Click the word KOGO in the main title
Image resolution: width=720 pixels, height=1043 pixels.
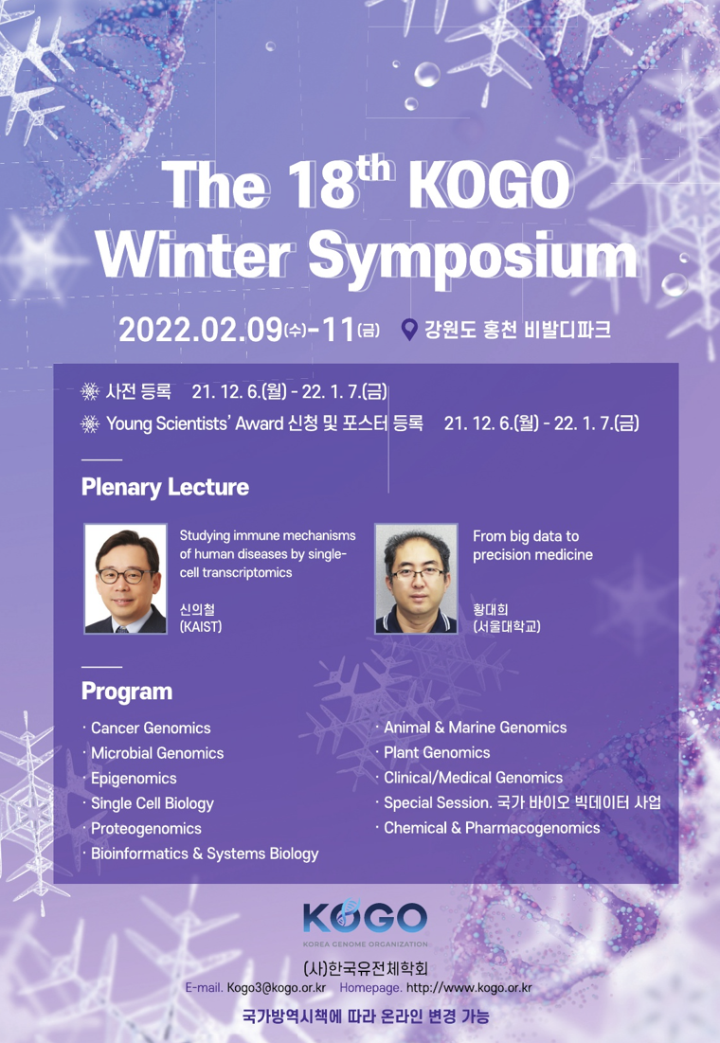pyautogui.click(x=490, y=185)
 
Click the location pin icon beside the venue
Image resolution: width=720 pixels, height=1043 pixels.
pyautogui.click(x=410, y=330)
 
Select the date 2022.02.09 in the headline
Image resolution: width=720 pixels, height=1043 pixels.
pyautogui.click(x=201, y=330)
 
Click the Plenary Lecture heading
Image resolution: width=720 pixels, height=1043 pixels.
pyautogui.click(x=165, y=487)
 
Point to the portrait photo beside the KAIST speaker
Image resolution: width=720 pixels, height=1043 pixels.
pyautogui.click(x=125, y=578)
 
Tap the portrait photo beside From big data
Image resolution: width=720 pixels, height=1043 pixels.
pyautogui.click(x=416, y=578)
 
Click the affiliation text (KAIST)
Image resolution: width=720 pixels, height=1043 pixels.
pyautogui.click(x=200, y=626)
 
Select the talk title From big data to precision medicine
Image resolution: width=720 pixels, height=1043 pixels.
pyautogui.click(x=532, y=546)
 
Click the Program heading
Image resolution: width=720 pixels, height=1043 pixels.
pyautogui.click(x=126, y=692)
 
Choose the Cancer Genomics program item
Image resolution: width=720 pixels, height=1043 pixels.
pyautogui.click(x=151, y=728)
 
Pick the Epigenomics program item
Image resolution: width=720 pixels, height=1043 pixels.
pyautogui.click(x=134, y=779)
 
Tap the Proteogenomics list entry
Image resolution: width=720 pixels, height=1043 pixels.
pyautogui.click(x=146, y=829)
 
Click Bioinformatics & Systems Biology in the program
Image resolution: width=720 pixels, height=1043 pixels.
pyautogui.click(x=205, y=854)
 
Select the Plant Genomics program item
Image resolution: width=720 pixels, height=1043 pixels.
pyautogui.click(x=437, y=753)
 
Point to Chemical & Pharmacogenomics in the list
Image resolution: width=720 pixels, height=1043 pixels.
pyautogui.click(x=492, y=828)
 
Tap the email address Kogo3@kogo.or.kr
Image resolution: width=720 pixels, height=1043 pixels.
pyautogui.click(x=276, y=988)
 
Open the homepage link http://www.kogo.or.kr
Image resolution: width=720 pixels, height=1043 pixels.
pyautogui.click(x=469, y=988)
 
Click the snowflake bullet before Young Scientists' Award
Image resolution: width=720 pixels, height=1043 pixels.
pyautogui.click(x=90, y=423)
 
